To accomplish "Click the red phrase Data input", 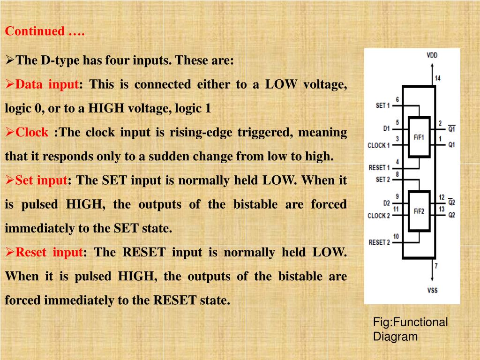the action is click(47, 85).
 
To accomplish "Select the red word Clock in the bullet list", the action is click(32, 133).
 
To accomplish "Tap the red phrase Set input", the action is click(41, 180).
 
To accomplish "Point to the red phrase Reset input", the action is click(49, 253).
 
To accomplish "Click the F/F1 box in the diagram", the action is click(419, 137).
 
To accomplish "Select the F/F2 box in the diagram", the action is click(419, 211).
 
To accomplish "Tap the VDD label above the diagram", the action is click(432, 55).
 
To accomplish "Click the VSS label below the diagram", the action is click(432, 290).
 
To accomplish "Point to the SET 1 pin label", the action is click(383, 106).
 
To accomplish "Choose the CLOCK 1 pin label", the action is click(379, 145).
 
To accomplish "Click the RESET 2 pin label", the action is click(379, 242).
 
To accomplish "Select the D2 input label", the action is click(386, 203).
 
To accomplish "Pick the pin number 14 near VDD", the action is click(437, 78).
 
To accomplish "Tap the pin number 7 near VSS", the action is click(436, 266).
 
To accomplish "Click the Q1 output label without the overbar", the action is click(451, 145).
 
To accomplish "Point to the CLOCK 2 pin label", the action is click(379, 216).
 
